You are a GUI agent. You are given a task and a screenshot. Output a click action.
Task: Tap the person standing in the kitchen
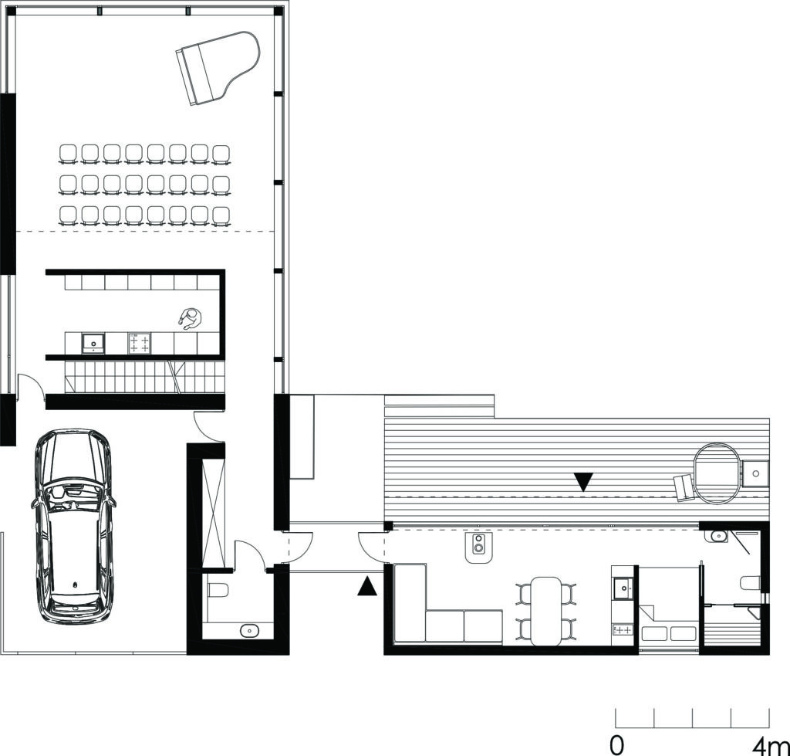[x=190, y=319]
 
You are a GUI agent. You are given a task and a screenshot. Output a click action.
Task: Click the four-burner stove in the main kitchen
[x=140, y=344]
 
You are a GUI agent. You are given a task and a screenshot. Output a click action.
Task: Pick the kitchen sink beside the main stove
[x=93, y=344]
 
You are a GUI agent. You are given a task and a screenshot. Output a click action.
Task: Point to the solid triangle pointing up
[x=367, y=587]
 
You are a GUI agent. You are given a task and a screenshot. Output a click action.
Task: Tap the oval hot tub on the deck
[x=717, y=473]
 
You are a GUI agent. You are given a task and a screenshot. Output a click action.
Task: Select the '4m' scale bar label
[x=771, y=744]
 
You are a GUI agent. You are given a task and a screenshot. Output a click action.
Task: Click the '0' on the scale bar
[x=616, y=744]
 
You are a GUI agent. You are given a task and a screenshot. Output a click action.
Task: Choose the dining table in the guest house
[x=546, y=612]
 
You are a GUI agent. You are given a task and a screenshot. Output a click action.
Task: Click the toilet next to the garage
[x=218, y=589]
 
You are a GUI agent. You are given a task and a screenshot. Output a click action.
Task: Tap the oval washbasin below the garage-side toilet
[x=249, y=630]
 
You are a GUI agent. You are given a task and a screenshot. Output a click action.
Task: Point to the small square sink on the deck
[x=755, y=473]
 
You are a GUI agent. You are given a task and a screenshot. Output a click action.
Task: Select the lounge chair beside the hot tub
[x=684, y=488]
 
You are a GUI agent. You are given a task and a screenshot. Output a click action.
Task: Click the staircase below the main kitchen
[x=144, y=377]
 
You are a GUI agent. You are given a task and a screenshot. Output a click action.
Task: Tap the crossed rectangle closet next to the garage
[x=213, y=512]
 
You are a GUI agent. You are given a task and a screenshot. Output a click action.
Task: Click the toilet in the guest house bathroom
[x=751, y=583]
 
